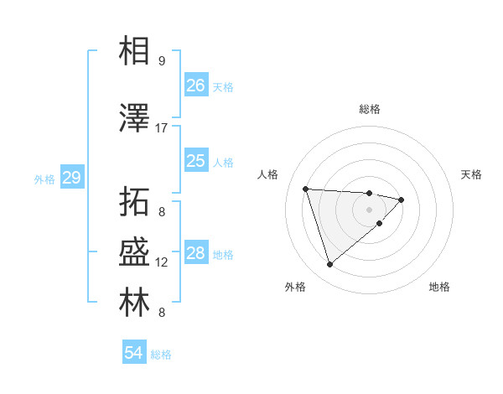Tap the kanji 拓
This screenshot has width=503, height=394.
pos(134,202)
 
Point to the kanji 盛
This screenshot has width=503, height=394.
pos(134,253)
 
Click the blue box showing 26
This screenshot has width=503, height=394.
pos(195,86)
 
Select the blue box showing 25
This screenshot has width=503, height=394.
pos(195,161)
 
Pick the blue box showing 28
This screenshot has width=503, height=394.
pos(195,253)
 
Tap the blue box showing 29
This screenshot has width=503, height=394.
pos(71,178)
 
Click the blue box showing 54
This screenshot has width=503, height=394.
pos(133,354)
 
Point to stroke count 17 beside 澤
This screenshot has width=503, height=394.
pos(162,128)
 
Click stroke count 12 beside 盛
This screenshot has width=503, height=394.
pos(162,262)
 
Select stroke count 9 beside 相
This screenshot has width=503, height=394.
pos(162,61)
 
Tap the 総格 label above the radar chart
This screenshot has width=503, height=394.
pos(370,109)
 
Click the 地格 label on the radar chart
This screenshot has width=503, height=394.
pos(439,288)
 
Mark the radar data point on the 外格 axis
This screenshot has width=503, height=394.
pos(329,265)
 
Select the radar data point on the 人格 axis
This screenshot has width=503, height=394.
pos(306,189)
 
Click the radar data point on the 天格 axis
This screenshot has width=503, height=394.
pos(402,200)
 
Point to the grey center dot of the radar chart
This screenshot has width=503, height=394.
pos(370,210)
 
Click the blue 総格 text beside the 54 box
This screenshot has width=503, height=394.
pos(161,355)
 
